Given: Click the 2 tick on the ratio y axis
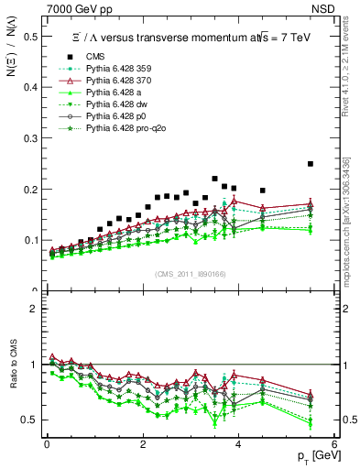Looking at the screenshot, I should coord(34,309).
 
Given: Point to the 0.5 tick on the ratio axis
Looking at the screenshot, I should coord(29,420).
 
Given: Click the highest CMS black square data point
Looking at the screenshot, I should coord(311,164).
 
